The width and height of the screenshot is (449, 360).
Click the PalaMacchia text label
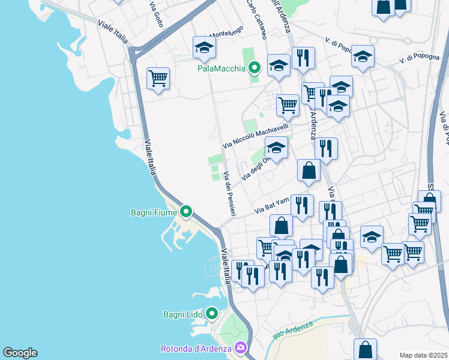pos(221,68)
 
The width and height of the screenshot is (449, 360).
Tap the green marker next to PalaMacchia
pos(254,68)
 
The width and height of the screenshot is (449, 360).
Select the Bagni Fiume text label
pos(154,212)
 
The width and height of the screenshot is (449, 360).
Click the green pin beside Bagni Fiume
pos(186,211)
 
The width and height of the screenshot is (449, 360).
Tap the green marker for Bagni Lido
pos(211,313)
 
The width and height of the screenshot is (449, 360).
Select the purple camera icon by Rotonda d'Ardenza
pos(240,348)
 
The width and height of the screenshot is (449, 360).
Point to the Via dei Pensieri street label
pos(229,194)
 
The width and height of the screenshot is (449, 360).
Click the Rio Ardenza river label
pos(293,331)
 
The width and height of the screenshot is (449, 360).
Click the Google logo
pos(20,353)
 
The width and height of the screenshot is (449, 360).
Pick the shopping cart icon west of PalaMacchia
pos(158,78)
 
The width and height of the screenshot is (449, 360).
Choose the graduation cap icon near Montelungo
pos(204,47)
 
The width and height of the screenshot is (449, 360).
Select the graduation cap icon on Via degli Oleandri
pos(276,148)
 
